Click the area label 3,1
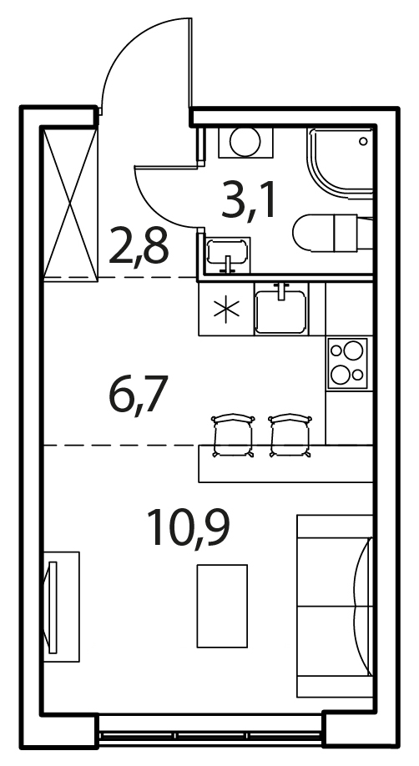(x=249, y=199)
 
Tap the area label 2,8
(x=139, y=245)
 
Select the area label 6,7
(x=139, y=394)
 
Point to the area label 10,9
(x=189, y=528)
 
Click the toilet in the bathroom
(x=332, y=233)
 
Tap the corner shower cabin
(x=341, y=164)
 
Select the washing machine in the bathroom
(x=245, y=142)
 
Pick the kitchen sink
(x=281, y=309)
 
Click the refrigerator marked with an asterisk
(x=226, y=310)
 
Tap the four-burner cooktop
(x=347, y=363)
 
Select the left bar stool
(x=233, y=436)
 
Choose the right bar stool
(x=290, y=436)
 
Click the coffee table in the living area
(x=222, y=606)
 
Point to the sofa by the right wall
(x=335, y=606)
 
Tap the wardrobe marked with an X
(x=71, y=203)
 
